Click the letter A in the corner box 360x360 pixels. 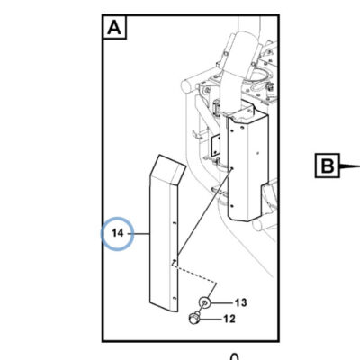point(114,27)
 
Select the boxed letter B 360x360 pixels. point(327,166)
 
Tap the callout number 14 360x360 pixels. point(117,233)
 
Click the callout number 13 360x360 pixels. point(241,302)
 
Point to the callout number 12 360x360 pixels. point(229,319)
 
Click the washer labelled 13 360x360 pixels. point(204,301)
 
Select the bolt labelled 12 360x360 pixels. point(193,318)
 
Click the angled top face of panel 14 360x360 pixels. point(167,169)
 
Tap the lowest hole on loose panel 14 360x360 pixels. point(175,298)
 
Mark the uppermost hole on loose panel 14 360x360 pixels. point(175,223)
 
